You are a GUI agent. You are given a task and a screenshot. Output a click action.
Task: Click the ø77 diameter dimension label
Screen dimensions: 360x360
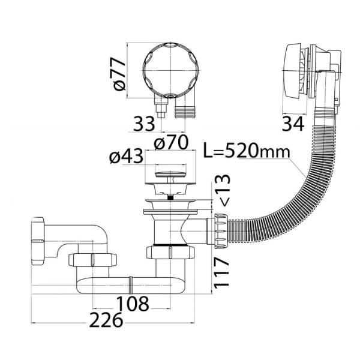[119, 73]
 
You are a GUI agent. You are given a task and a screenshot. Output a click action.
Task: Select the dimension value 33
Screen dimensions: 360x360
[144, 124]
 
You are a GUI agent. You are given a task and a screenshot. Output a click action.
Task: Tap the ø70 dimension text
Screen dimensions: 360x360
[171, 142]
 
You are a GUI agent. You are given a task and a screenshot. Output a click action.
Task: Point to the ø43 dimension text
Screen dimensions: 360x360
[126, 156]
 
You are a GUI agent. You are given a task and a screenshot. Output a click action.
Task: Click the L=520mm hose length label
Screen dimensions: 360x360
[247, 151]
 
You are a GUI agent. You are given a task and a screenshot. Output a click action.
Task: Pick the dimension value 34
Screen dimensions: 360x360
[293, 124]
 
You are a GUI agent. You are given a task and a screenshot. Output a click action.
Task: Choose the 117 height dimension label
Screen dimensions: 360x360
[222, 272]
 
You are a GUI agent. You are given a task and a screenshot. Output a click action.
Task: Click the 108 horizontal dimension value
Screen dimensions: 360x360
[133, 304]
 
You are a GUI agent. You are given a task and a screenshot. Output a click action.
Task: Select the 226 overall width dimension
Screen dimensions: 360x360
[106, 320]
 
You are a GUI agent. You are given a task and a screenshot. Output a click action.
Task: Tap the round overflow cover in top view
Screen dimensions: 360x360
[170, 70]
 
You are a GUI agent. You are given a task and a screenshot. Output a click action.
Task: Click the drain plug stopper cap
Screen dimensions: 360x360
[170, 174]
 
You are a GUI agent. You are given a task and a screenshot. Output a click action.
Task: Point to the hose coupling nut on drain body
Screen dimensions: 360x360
[221, 232]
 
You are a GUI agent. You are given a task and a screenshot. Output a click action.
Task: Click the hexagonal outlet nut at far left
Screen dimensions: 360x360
[38, 241]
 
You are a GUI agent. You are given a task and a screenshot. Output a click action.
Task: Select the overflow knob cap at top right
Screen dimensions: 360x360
[293, 71]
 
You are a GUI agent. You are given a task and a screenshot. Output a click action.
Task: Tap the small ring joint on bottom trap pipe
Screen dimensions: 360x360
[131, 285]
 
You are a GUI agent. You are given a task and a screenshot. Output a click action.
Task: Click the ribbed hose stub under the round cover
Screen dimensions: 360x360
[185, 111]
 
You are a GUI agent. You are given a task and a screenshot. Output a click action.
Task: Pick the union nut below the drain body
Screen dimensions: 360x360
[170, 253]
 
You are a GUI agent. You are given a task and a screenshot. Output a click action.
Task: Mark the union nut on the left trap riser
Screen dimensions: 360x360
[92, 260]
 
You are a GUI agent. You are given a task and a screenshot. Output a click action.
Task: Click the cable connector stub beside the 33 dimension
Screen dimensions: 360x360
[161, 107]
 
